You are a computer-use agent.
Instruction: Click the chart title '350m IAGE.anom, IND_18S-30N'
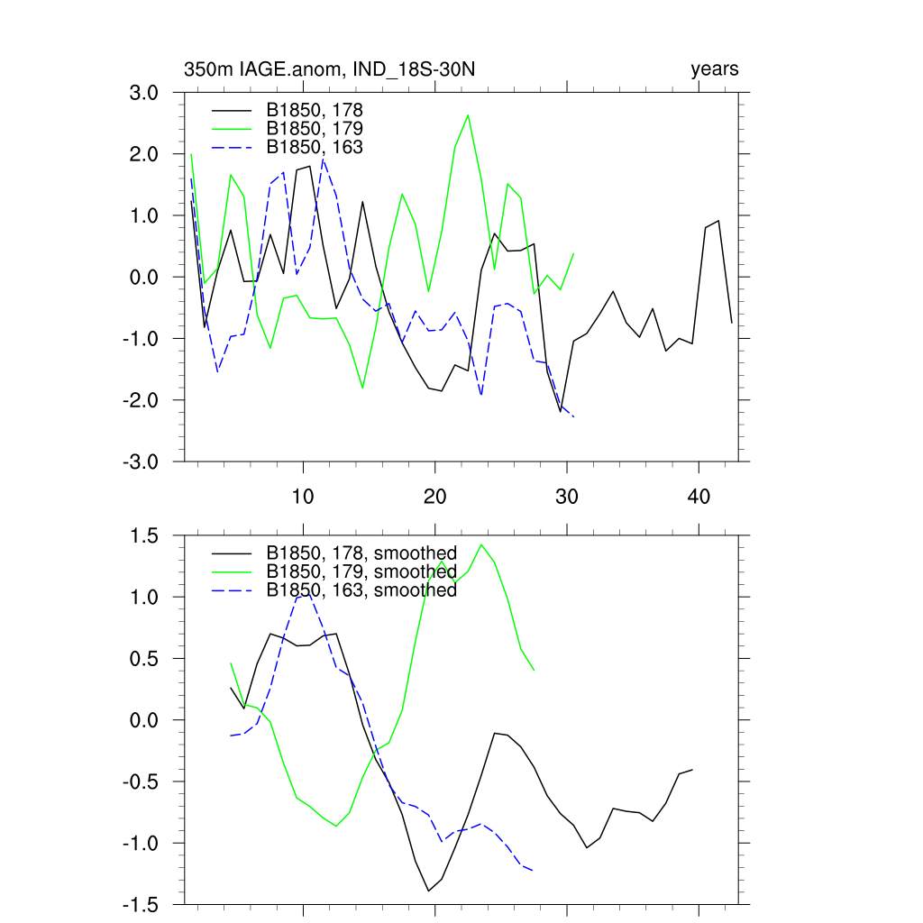pos(335,69)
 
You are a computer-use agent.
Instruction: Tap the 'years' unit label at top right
pos(714,69)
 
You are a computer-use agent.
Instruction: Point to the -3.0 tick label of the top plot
pos(142,461)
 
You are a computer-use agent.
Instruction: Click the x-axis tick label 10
pos(303,497)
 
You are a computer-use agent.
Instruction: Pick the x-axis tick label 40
pos(699,497)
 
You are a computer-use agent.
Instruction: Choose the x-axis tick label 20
pos(434,497)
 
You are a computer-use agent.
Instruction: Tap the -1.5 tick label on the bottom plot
pos(142,905)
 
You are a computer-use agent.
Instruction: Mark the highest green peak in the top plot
pos(468,115)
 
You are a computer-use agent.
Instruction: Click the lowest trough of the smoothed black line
pos(428,891)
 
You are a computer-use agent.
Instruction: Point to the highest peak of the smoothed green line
pos(481,544)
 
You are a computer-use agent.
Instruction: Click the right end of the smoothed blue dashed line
pos(534,871)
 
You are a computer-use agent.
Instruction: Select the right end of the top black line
pos(731,323)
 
